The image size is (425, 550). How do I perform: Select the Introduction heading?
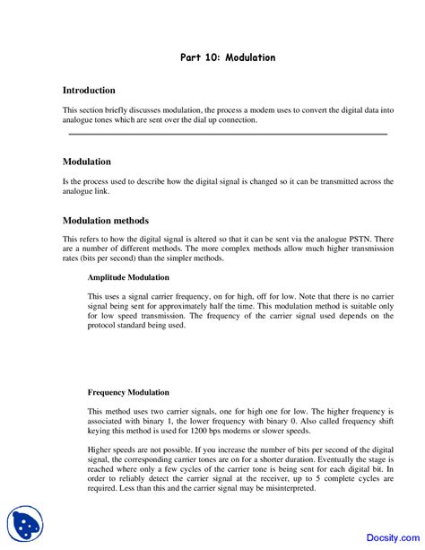[x=89, y=91]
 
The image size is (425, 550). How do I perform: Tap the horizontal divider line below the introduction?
[x=228, y=134]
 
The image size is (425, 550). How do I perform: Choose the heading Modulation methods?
[x=106, y=221]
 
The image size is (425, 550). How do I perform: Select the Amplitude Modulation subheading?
[x=128, y=278]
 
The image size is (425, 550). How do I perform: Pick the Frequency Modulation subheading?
[x=128, y=392]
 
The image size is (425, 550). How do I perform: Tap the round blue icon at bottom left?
[x=25, y=523]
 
